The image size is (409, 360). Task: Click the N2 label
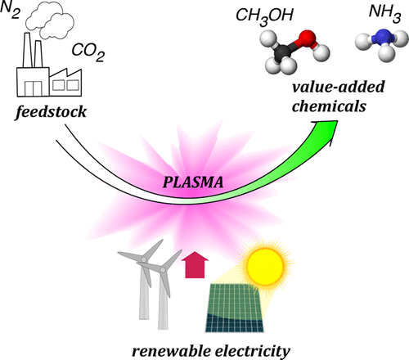14,12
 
